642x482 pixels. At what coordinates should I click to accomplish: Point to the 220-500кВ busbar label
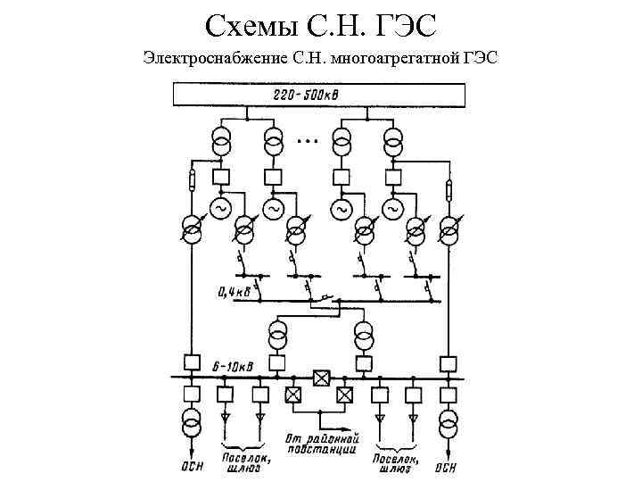318,94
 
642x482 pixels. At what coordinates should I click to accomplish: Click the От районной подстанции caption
322,445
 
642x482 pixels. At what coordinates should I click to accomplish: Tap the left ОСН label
190,464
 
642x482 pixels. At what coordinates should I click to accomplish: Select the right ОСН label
446,464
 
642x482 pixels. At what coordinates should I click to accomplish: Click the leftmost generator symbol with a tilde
218,208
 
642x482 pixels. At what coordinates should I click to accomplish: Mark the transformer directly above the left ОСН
191,419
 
